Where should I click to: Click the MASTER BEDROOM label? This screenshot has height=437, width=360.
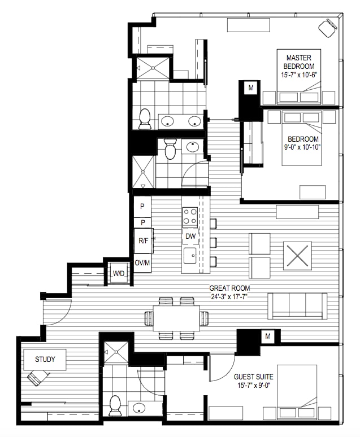299,62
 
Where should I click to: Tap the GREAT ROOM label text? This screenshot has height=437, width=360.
229,288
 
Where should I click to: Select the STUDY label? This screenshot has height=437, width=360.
45,359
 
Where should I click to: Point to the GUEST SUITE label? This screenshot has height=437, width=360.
253,377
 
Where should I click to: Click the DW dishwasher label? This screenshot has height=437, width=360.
190,237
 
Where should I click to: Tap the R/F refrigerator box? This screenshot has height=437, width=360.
144,241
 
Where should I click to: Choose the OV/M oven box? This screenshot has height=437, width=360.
142,263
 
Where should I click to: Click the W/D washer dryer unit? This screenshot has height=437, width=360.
118,273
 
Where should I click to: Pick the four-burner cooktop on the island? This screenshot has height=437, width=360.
190,217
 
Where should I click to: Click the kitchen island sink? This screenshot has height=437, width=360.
190,255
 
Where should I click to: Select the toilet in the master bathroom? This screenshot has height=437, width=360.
145,119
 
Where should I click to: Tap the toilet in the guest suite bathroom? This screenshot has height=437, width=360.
115,406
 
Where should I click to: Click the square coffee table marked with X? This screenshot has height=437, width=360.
297,256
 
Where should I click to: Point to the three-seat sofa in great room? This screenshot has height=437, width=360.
297,306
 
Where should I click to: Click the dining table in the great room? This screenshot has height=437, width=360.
176,318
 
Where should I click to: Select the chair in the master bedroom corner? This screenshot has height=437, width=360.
327,28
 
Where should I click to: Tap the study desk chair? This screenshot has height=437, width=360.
37,377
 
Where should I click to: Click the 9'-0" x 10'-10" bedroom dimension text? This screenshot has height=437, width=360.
302,147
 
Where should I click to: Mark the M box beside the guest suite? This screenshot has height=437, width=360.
268,337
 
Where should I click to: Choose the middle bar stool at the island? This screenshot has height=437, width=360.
213,242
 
